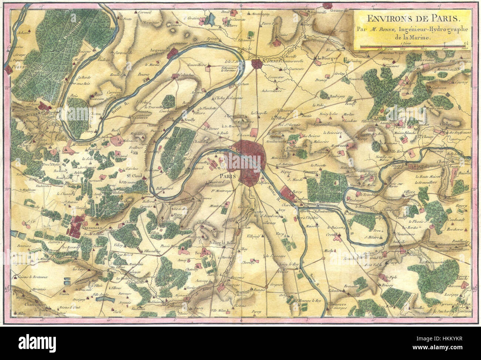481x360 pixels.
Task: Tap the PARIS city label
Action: pyautogui.click(x=229, y=176)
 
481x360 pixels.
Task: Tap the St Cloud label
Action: pyautogui.click(x=135, y=176)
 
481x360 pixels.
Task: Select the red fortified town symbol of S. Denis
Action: pyautogui.click(x=256, y=64)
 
